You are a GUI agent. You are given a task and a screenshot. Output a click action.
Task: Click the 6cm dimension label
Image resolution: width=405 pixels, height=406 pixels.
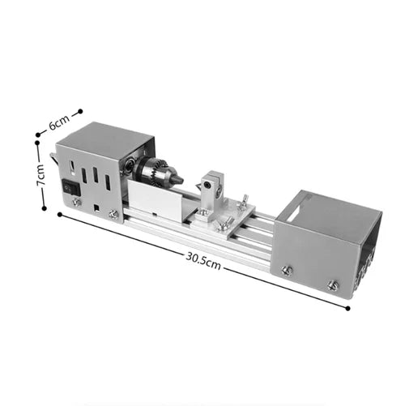pyautogui.click(x=58, y=122)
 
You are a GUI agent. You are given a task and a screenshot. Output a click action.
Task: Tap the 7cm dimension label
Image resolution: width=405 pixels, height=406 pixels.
pyautogui.click(x=40, y=174)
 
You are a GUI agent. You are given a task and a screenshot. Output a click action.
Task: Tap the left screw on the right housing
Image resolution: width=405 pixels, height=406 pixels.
pyautogui.click(x=286, y=271)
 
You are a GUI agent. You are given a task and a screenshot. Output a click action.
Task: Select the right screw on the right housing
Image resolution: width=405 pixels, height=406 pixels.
pyautogui.click(x=332, y=285)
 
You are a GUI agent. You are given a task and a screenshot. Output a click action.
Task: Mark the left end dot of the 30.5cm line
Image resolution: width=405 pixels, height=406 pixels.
pyautogui.click(x=60, y=214)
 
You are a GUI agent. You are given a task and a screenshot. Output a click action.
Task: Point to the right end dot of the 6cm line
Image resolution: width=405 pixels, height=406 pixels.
pyautogui.click(x=80, y=111)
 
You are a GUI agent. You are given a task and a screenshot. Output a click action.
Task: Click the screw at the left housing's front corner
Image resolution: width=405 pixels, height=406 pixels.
pyautogui.click(x=113, y=214)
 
